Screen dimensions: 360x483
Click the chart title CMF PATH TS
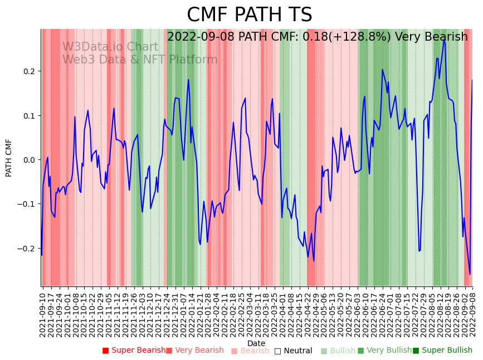click(249, 15)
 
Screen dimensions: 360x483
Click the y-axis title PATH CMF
click(9, 158)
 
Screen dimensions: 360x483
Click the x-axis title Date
click(256, 343)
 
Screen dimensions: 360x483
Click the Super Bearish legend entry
click(134, 351)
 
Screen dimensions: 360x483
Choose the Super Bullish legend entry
click(442, 351)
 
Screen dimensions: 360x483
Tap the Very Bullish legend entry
click(384, 351)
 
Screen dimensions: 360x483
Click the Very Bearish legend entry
click(194, 351)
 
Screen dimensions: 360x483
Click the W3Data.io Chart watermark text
click(110, 47)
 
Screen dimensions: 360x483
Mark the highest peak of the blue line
click(444, 40)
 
